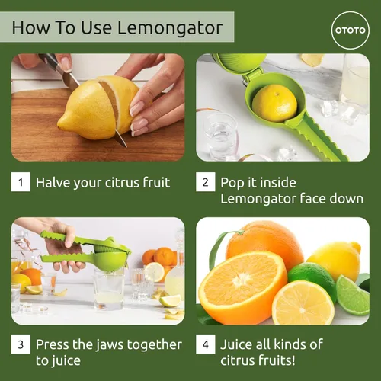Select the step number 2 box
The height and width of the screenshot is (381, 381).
(x=204, y=182)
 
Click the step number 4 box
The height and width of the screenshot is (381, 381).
(x=204, y=344)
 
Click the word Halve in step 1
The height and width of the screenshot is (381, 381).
(x=54, y=182)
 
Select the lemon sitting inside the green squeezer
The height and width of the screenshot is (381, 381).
(x=274, y=102)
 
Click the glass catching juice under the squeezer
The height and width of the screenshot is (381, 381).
(x=108, y=290)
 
